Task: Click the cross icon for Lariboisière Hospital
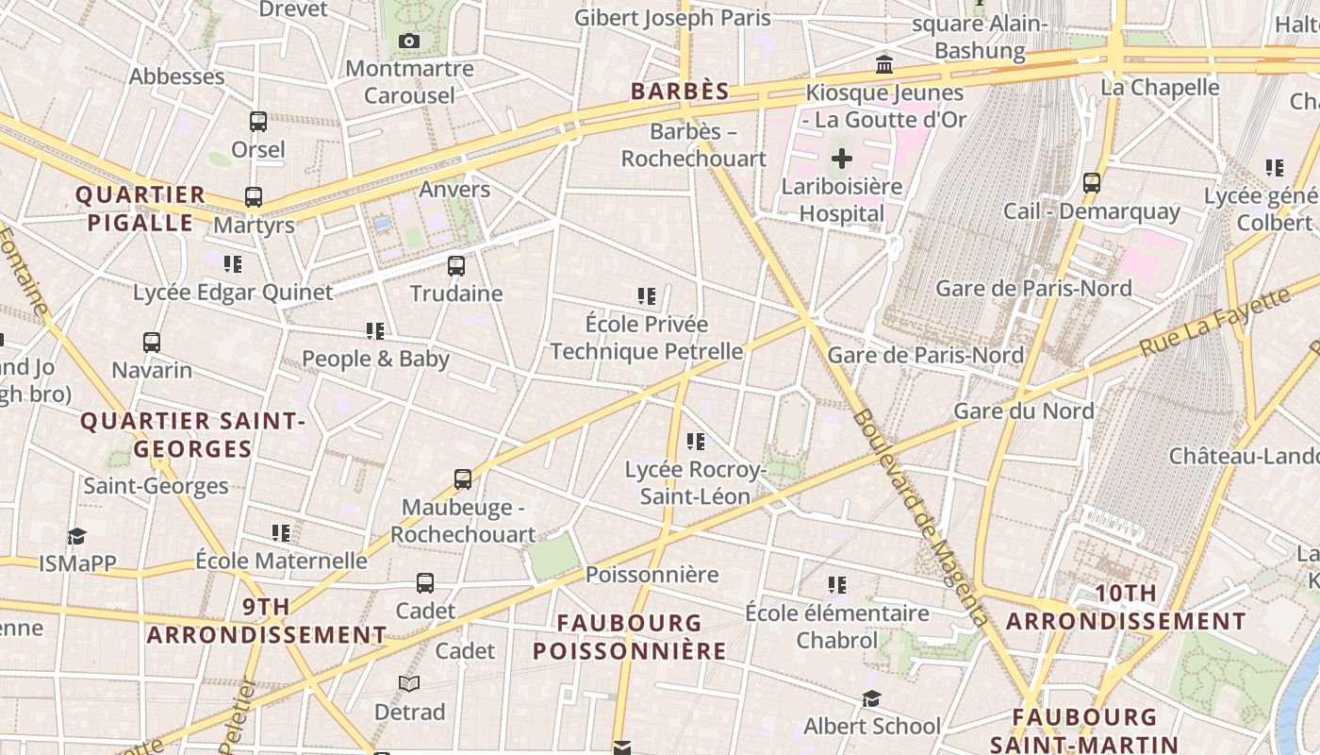pos(841,159)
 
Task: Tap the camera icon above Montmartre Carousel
pos(408,41)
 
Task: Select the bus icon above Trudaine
pos(456,265)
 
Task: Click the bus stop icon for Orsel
pos(257,122)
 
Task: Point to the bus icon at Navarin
pos(152,342)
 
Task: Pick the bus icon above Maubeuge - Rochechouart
pos(462,479)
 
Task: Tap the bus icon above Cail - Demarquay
pos(1091,183)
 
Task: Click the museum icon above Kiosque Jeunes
pos(884,65)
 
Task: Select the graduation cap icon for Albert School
pos(871,698)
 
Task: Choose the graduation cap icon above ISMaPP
pos(76,536)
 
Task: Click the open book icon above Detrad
pos(408,683)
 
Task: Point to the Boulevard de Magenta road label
pos(919,518)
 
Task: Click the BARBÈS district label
pos(680,92)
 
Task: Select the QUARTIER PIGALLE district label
pos(140,209)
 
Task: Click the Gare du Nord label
pos(1024,411)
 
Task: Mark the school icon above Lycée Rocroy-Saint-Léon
pos(696,441)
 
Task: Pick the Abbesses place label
pos(177,76)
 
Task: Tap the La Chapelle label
pos(1160,88)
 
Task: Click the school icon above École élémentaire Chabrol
pos(836,585)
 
